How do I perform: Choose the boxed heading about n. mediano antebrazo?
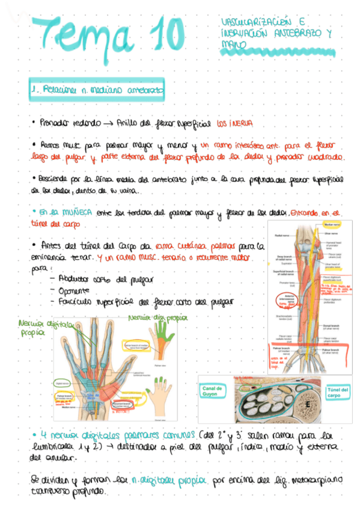click(99, 90)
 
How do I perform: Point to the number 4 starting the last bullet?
click(43, 435)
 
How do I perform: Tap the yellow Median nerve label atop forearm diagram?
click(333, 224)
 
